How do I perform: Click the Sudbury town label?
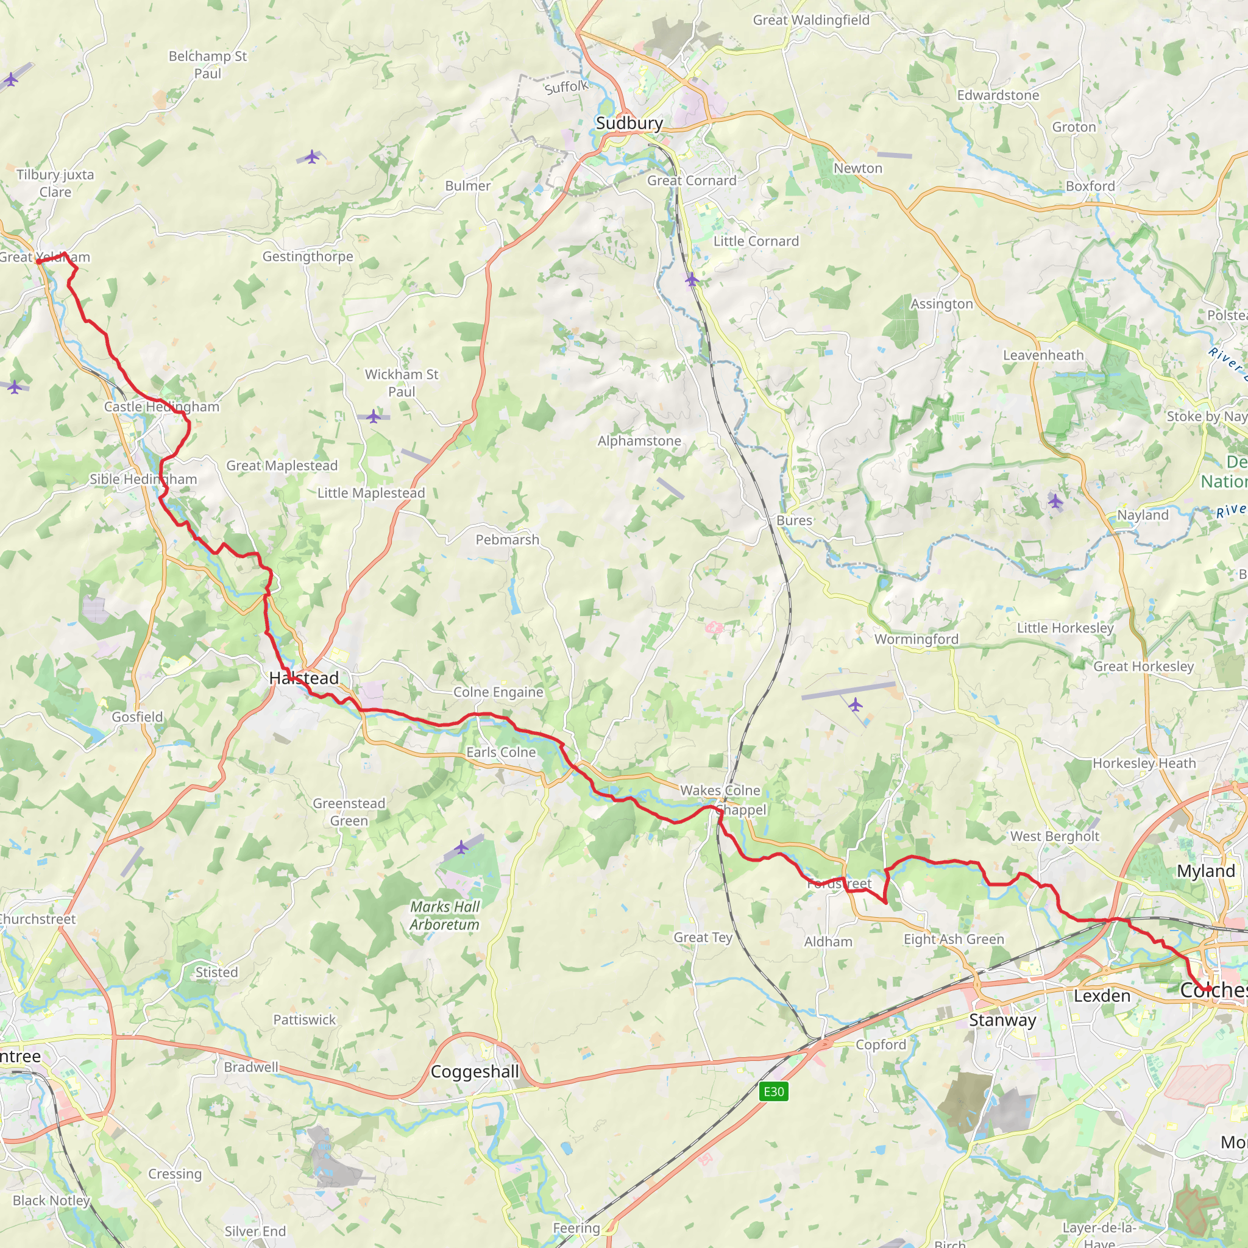[x=629, y=123]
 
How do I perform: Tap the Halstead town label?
[x=303, y=678]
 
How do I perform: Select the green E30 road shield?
[x=774, y=1091]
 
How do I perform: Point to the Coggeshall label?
[x=475, y=1072]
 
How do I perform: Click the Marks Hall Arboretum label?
[x=444, y=915]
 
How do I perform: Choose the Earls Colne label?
[x=501, y=752]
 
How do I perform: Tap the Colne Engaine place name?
[x=498, y=692]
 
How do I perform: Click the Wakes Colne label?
[x=720, y=790]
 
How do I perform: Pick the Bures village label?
[x=794, y=520]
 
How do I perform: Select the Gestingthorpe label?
[x=308, y=257]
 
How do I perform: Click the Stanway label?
[x=1002, y=1020]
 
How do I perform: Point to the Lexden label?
[x=1102, y=996]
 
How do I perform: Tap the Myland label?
[x=1205, y=871]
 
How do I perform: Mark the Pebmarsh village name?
[x=507, y=539]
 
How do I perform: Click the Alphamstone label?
[x=639, y=441]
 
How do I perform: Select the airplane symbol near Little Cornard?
[x=692, y=280]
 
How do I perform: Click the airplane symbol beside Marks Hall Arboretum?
[x=461, y=846]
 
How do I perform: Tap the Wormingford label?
[x=916, y=639]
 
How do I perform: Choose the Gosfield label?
[x=137, y=717]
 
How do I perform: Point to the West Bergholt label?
[x=1054, y=836]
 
